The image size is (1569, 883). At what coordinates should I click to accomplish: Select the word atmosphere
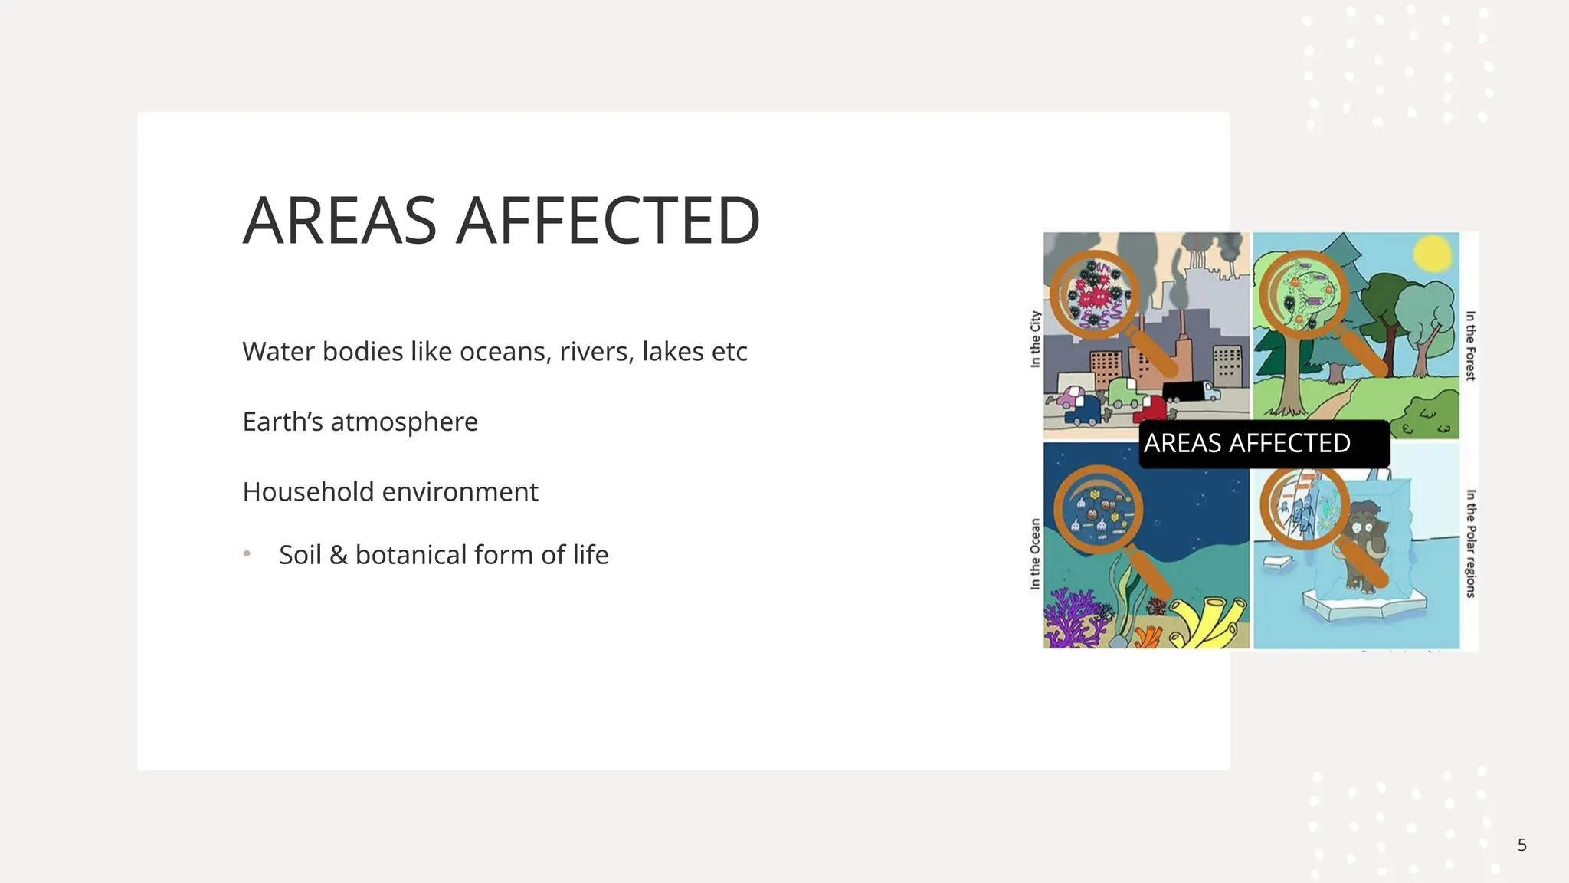coord(404,422)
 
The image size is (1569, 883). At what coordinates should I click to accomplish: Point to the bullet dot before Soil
coord(247,553)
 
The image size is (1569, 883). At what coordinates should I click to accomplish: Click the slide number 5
coord(1522,845)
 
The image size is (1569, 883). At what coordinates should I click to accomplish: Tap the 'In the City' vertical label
coord(1035,339)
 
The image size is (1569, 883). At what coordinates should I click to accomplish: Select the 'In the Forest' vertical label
coord(1470,345)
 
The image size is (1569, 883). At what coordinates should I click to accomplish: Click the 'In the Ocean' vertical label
coord(1035,553)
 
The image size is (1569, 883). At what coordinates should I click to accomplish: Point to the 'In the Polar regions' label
coord(1470,543)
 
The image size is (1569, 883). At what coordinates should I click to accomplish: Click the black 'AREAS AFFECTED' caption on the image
coord(1263,444)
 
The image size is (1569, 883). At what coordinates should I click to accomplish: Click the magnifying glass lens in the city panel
coord(1094,294)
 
